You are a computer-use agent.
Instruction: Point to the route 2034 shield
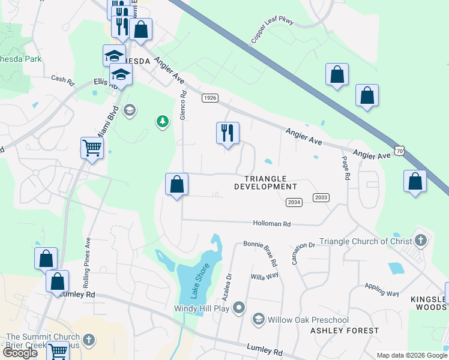294,202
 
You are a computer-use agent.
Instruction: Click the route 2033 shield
321,197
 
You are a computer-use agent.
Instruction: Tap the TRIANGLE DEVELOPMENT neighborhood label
266,182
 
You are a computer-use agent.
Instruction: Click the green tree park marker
162,122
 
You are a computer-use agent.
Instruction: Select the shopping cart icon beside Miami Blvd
92,148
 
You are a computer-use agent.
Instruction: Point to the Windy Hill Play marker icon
239,308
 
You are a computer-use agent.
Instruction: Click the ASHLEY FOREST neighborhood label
345,331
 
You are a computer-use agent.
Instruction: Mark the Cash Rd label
62,79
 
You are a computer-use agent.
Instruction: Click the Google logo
20,353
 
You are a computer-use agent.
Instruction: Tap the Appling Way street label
380,290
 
